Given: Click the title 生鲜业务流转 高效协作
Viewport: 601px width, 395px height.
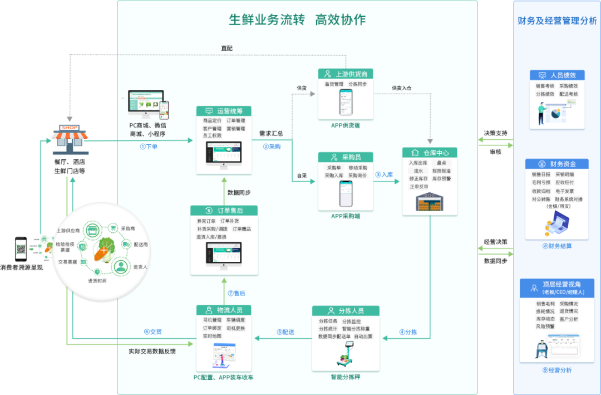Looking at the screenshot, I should pos(297,20).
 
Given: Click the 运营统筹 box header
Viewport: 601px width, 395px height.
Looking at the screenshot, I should pos(224,111).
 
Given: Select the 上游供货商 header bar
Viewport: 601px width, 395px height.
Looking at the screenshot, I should pos(345,74).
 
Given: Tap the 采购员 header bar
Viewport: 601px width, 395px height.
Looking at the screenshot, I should pos(345,157).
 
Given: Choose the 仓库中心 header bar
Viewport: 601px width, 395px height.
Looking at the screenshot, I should pos(429,153).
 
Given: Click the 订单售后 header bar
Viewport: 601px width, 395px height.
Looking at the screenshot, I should pos(224,210).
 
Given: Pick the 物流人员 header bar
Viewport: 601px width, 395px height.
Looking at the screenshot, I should pos(224,310).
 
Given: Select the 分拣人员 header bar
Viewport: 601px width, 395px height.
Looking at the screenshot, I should pos(345,310).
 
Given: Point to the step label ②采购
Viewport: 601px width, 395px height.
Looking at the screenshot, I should pos(272,147).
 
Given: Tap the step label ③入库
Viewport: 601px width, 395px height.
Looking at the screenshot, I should pos(384,174).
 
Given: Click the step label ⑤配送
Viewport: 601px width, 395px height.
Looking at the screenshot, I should pos(285,332).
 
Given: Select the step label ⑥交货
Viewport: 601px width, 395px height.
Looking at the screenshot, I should pos(152,331).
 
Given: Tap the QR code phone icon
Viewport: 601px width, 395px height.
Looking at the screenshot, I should pos(21,249).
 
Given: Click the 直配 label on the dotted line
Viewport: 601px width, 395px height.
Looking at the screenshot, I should pos(226,48).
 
